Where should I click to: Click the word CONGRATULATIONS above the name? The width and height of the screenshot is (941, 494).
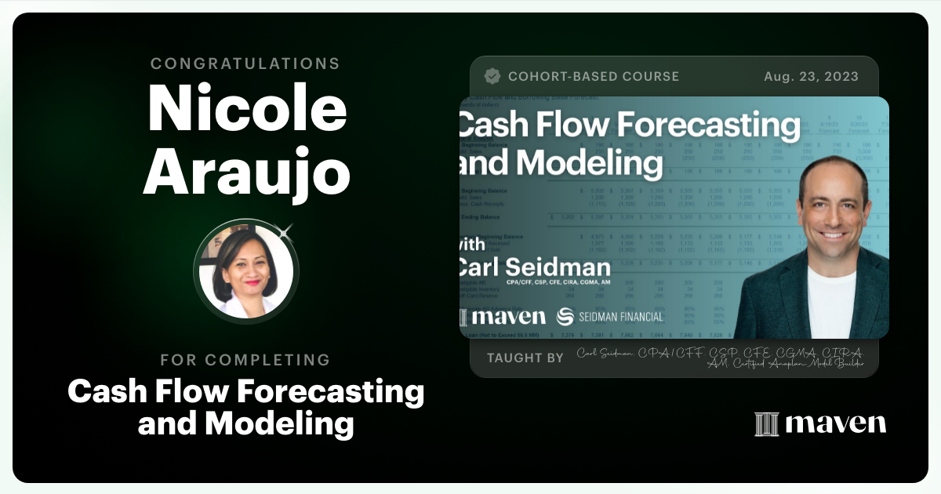tap(245, 64)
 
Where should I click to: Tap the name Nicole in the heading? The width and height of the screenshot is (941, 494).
tap(247, 108)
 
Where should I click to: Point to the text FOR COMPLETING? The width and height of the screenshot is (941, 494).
tap(245, 360)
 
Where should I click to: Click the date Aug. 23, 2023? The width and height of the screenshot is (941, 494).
tap(811, 76)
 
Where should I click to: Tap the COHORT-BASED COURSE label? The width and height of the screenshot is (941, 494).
tap(594, 76)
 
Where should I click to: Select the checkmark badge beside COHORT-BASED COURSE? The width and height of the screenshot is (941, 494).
tap(492, 76)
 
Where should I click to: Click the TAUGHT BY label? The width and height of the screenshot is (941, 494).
tap(525, 358)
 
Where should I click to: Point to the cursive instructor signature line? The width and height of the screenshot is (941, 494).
tap(720, 358)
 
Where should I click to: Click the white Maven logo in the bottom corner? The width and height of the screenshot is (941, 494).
tap(820, 423)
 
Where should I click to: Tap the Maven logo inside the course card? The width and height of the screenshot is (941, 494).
tap(503, 317)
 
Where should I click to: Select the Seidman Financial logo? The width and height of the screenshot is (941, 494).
tap(609, 317)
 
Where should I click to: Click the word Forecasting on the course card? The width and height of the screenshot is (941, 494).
tap(703, 125)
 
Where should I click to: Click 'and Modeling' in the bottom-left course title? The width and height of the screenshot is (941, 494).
tap(245, 423)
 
